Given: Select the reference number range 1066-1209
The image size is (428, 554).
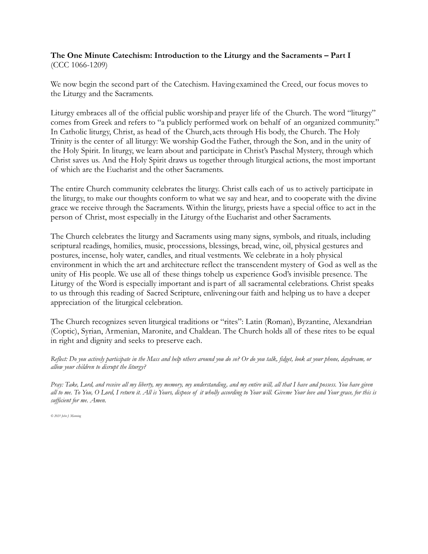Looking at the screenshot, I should (x=86, y=65).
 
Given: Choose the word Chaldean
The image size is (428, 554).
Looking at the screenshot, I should (x=204, y=331).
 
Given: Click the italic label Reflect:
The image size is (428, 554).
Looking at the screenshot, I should (x=59, y=359).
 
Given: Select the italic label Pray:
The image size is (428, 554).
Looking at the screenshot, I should (x=57, y=384).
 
